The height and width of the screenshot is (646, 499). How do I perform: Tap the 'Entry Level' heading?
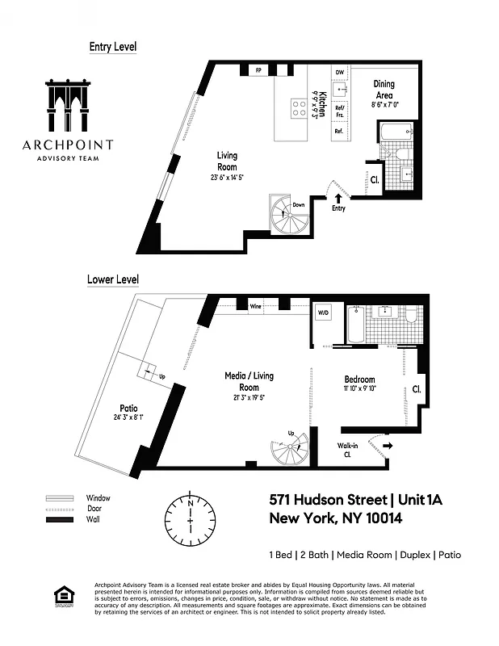point(112,47)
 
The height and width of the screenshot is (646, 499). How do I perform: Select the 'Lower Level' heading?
point(112,280)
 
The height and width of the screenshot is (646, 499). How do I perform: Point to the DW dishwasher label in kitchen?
point(340,73)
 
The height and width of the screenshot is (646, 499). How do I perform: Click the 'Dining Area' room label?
point(384,89)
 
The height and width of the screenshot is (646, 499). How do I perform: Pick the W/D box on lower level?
point(323,313)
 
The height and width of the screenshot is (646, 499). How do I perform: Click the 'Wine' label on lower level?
point(255,307)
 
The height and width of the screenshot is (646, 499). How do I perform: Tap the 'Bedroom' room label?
point(359,380)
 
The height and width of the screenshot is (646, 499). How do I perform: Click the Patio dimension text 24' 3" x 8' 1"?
point(130,417)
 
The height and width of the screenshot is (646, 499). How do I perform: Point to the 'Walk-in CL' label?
point(348,449)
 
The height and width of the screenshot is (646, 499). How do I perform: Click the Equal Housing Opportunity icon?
point(61,597)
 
